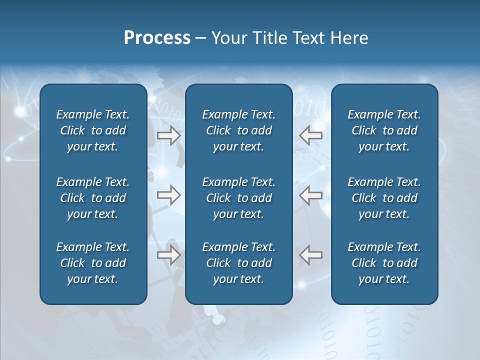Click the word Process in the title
click(x=157, y=38)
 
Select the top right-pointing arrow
click(x=169, y=135)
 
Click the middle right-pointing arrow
click(x=169, y=195)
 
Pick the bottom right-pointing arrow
click(x=169, y=255)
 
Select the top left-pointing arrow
click(x=310, y=135)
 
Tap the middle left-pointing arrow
click(x=310, y=195)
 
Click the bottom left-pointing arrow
click(x=310, y=255)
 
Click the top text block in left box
click(x=93, y=130)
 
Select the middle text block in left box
click(x=93, y=198)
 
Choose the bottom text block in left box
click(x=93, y=263)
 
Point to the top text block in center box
click(x=238, y=130)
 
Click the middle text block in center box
click(x=238, y=198)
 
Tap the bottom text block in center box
click(x=238, y=263)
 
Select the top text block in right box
click(x=384, y=130)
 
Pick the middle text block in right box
click(x=384, y=198)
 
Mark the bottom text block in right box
click(x=384, y=263)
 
